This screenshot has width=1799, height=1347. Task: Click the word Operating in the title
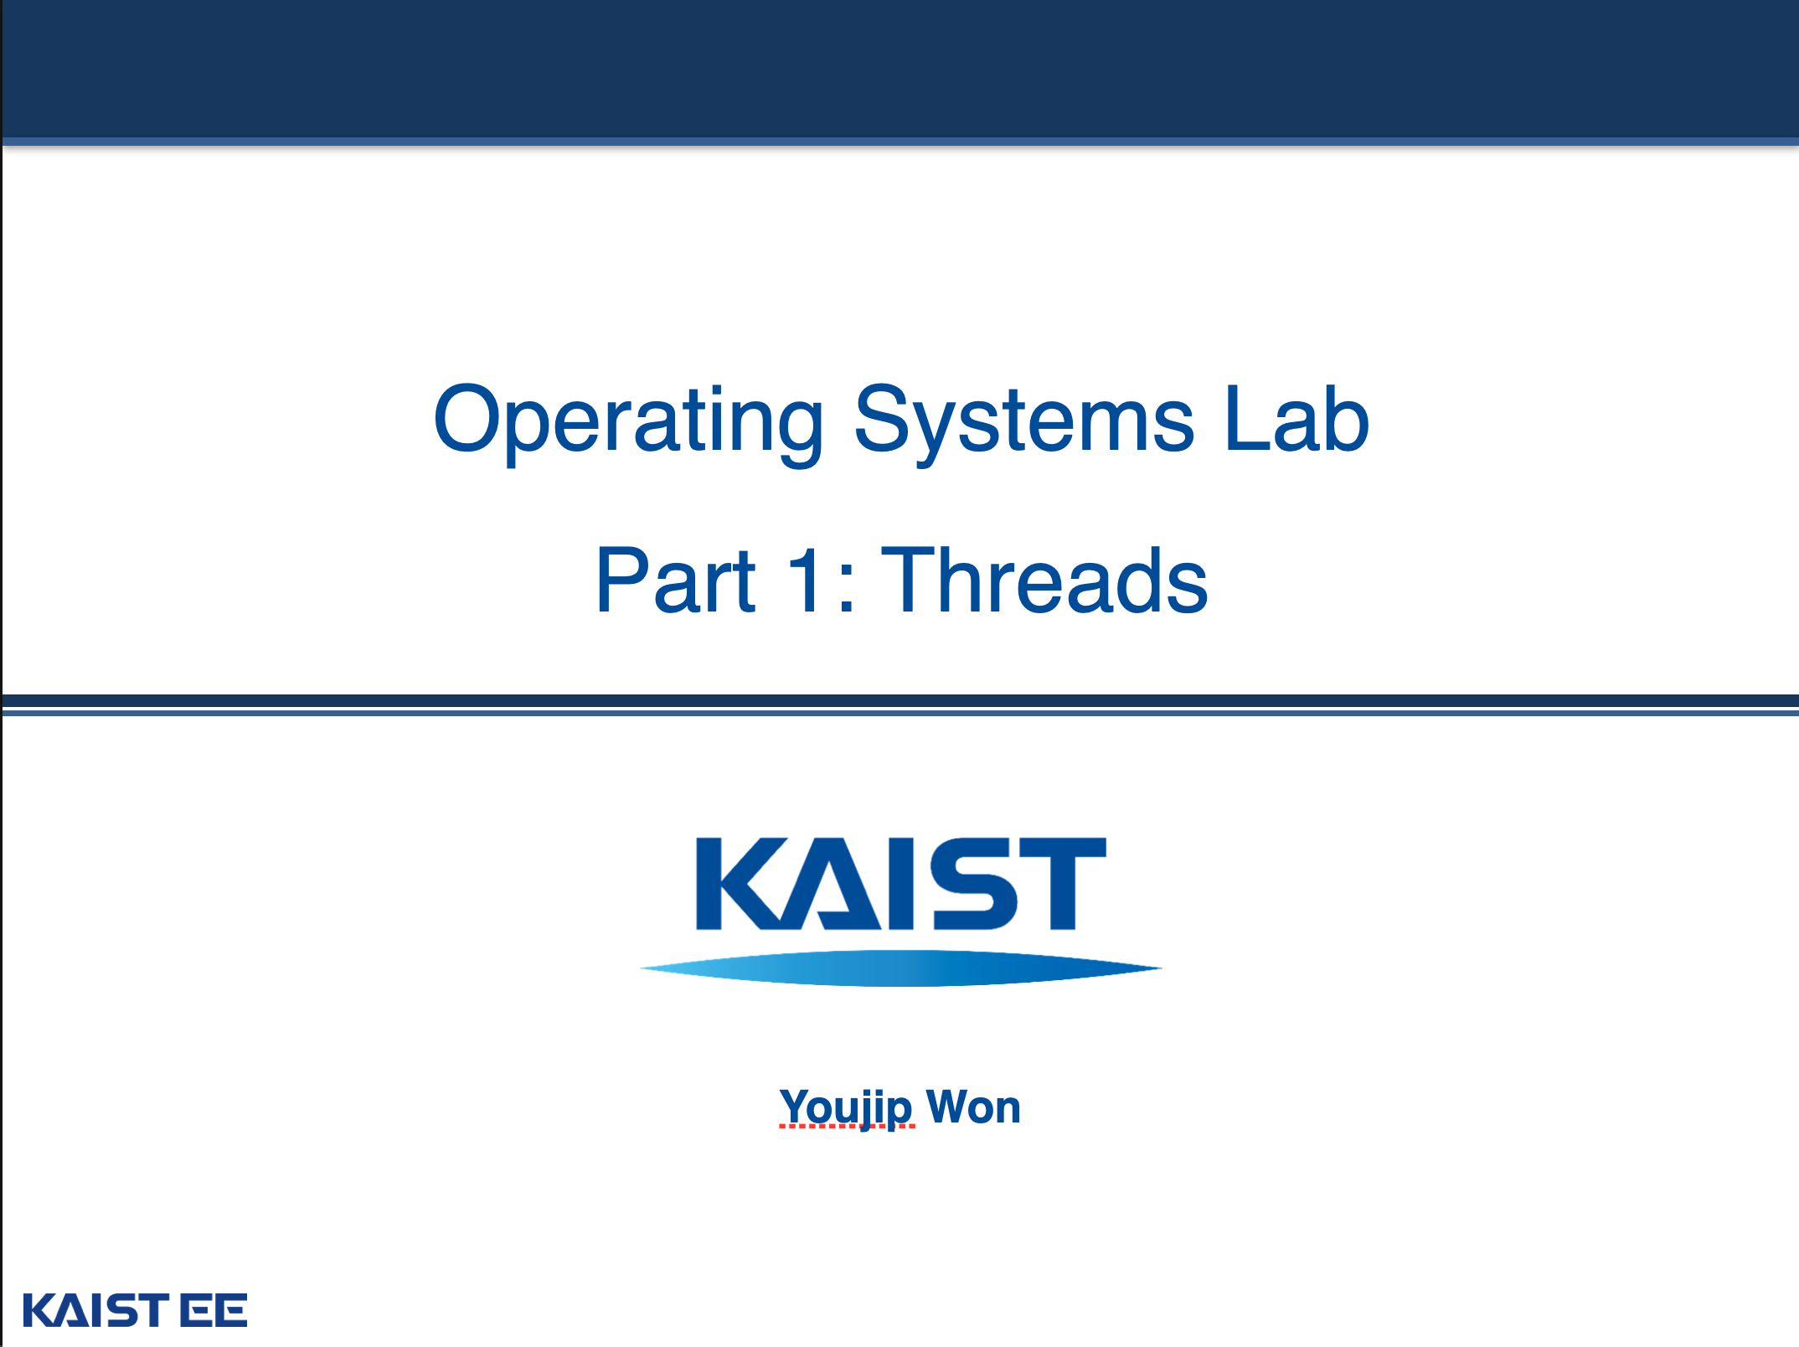point(629,424)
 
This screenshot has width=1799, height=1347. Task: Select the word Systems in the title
point(1023,424)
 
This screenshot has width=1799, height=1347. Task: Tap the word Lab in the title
point(1296,418)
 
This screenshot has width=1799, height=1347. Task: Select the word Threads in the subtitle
point(1045,580)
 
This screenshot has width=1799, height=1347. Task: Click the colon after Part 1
point(846,587)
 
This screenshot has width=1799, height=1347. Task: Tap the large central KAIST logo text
point(901,884)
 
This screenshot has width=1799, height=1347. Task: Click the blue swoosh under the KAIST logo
point(901,968)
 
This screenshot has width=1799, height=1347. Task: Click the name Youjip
point(846,1107)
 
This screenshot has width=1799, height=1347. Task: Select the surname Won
point(974,1107)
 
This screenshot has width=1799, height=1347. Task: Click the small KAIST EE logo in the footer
point(135,1310)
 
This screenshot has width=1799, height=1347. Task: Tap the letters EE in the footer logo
point(214,1310)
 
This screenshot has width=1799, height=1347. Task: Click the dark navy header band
point(900,70)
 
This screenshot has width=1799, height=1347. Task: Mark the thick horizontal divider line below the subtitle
point(900,700)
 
